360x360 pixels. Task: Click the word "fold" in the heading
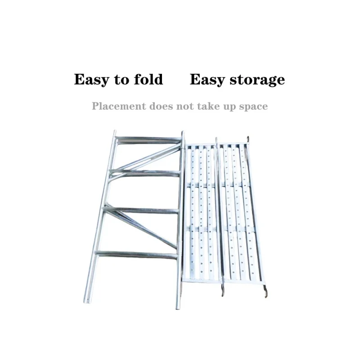coord(148,80)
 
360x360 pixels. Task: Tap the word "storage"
coord(257,80)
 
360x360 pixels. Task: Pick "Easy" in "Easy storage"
coord(207,80)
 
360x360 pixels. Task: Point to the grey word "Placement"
coord(119,106)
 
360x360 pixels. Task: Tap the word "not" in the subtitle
coord(188,106)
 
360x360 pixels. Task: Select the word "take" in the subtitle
coord(210,106)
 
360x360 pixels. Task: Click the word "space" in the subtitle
coord(253,107)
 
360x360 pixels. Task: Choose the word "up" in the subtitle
coord(230,107)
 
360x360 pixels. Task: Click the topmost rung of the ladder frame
coord(148,139)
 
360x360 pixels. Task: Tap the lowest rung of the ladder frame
coord(137,255)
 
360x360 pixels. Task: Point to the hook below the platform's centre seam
coord(222,292)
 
